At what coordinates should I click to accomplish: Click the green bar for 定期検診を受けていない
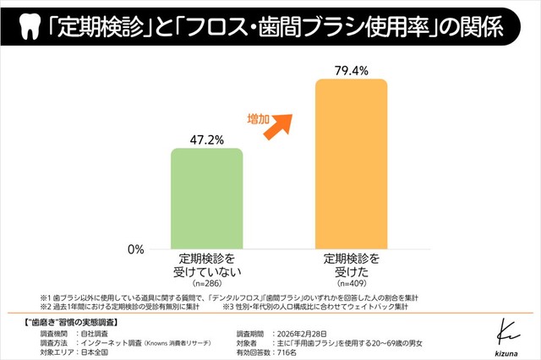point(206,199)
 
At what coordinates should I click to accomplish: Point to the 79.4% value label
point(351,68)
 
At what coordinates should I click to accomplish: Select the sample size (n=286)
point(206,283)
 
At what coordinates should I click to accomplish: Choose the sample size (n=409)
point(351,283)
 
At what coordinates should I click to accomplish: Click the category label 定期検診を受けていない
point(206,264)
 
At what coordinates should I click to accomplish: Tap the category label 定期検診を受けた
point(351,264)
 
